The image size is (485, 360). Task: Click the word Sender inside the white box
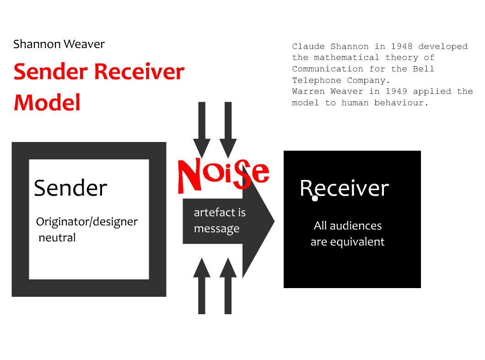tap(70, 188)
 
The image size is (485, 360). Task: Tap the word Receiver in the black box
tap(344, 188)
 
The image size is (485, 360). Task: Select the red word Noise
tap(223, 174)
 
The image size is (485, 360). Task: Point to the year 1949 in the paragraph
tap(396, 91)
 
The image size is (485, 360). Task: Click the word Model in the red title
tap(47, 103)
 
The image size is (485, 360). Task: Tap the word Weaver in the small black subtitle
tap(84, 44)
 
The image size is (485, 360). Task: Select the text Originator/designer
tap(87, 222)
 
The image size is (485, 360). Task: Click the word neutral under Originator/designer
tap(57, 238)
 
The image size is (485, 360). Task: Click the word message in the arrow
tap(216, 229)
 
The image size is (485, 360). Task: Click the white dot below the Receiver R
tap(315, 198)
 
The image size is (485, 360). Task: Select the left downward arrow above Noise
tap(202, 128)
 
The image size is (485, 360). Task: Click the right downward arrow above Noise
tap(228, 128)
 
